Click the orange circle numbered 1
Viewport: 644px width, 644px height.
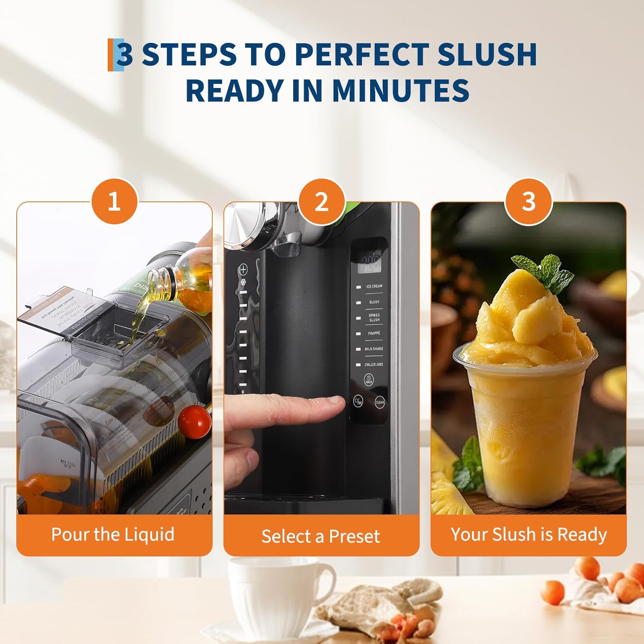114,201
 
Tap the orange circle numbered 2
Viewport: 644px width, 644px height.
322,201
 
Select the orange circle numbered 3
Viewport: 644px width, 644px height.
529,201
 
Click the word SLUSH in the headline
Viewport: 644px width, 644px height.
487,55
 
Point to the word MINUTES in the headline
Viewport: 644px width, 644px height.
400,90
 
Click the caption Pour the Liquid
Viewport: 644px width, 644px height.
113,535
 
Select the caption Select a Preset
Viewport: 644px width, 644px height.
321,536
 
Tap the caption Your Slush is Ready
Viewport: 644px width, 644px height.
529,535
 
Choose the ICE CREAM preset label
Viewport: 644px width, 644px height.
374,286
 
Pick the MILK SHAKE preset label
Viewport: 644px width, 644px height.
374,349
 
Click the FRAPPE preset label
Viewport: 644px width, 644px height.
374,333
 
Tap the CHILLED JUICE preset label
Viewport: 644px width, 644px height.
374,365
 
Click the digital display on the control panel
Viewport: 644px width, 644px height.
369,263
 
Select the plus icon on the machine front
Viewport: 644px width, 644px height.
243,270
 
